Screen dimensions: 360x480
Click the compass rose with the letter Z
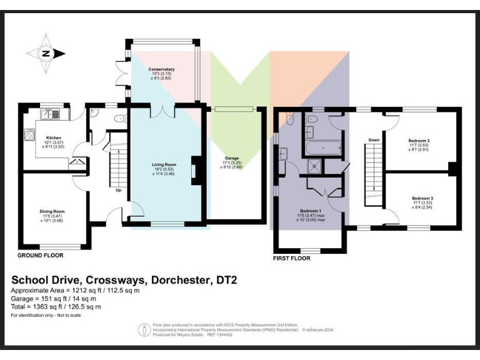point(46,53)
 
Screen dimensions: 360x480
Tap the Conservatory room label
point(161,69)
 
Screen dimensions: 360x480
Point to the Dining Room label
point(52,211)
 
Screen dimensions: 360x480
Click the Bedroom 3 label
point(419,198)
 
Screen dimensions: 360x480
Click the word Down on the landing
point(374,139)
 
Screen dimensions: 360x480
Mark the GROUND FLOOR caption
point(40,256)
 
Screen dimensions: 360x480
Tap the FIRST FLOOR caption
point(292,257)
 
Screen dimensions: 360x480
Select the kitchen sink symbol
point(49,114)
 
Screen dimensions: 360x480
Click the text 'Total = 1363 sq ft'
point(56,307)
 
